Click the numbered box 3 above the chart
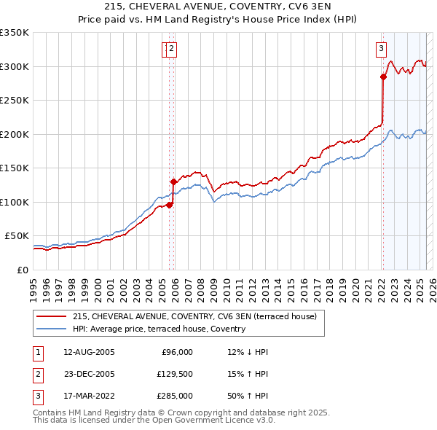pos(381,49)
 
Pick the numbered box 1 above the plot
pos(165,49)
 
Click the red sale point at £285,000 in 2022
pos(382,77)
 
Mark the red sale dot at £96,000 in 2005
pos(169,205)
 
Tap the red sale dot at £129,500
pos(173,182)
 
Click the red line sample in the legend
pos(52,317)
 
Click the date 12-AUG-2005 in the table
pos(89,352)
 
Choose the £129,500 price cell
pos(174,374)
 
